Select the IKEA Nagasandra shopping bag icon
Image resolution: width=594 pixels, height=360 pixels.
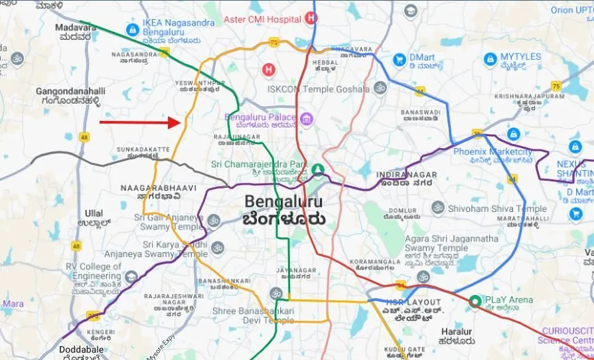point(132,30)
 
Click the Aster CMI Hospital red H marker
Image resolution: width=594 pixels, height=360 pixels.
point(311,18)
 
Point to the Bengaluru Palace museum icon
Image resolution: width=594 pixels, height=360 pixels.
point(306,119)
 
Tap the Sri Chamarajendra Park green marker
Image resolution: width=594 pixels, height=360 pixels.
point(319,169)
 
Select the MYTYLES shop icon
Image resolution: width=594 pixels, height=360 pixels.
point(490,59)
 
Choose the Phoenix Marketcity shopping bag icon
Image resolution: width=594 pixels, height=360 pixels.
point(513,134)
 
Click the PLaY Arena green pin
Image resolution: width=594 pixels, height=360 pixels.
point(475,301)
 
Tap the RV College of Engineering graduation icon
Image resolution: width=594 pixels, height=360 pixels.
point(133,276)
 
